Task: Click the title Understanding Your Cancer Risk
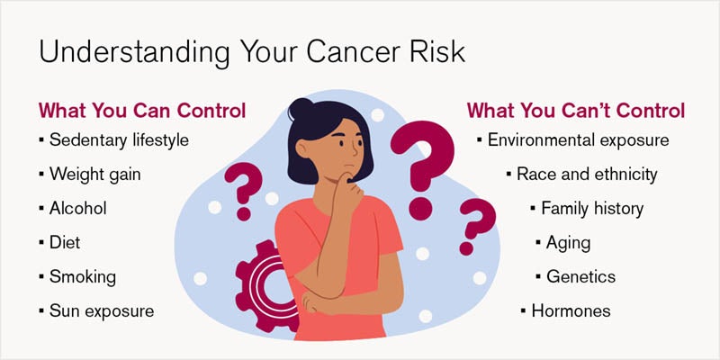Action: point(251,50)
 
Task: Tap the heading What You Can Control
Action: point(141,112)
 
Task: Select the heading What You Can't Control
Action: point(576,112)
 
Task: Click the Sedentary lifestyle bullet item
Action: point(119,140)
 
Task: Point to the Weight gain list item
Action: point(94,174)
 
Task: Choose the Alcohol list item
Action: point(77,208)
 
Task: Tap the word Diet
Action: point(66,242)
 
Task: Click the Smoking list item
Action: point(83,276)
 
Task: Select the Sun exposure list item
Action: point(102,310)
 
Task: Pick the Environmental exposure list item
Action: point(578,140)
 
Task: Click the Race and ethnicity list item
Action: point(586,174)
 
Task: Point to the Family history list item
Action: point(591,208)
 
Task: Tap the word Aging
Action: point(569,242)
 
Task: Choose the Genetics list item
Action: point(580,276)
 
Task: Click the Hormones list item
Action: point(570,310)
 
